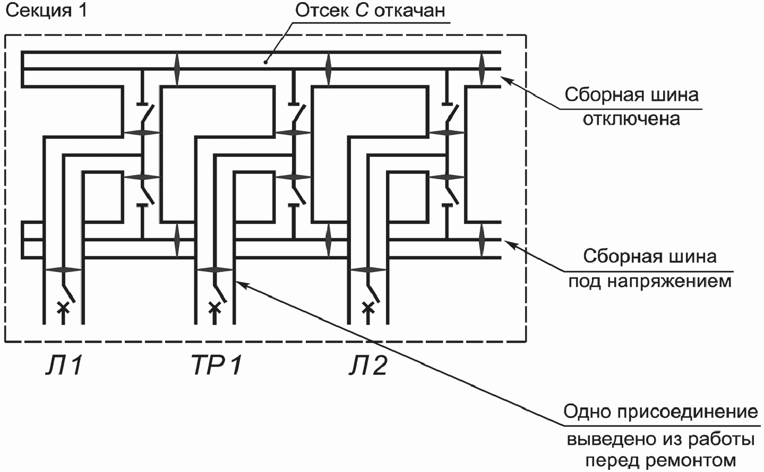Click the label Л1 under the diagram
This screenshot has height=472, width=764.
click(x=64, y=366)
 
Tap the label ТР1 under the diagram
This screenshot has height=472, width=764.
click(x=217, y=366)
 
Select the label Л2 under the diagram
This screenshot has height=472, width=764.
click(x=368, y=366)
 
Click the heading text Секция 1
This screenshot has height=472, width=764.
click(x=46, y=11)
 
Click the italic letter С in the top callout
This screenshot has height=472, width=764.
click(x=362, y=11)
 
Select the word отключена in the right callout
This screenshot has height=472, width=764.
click(x=631, y=118)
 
